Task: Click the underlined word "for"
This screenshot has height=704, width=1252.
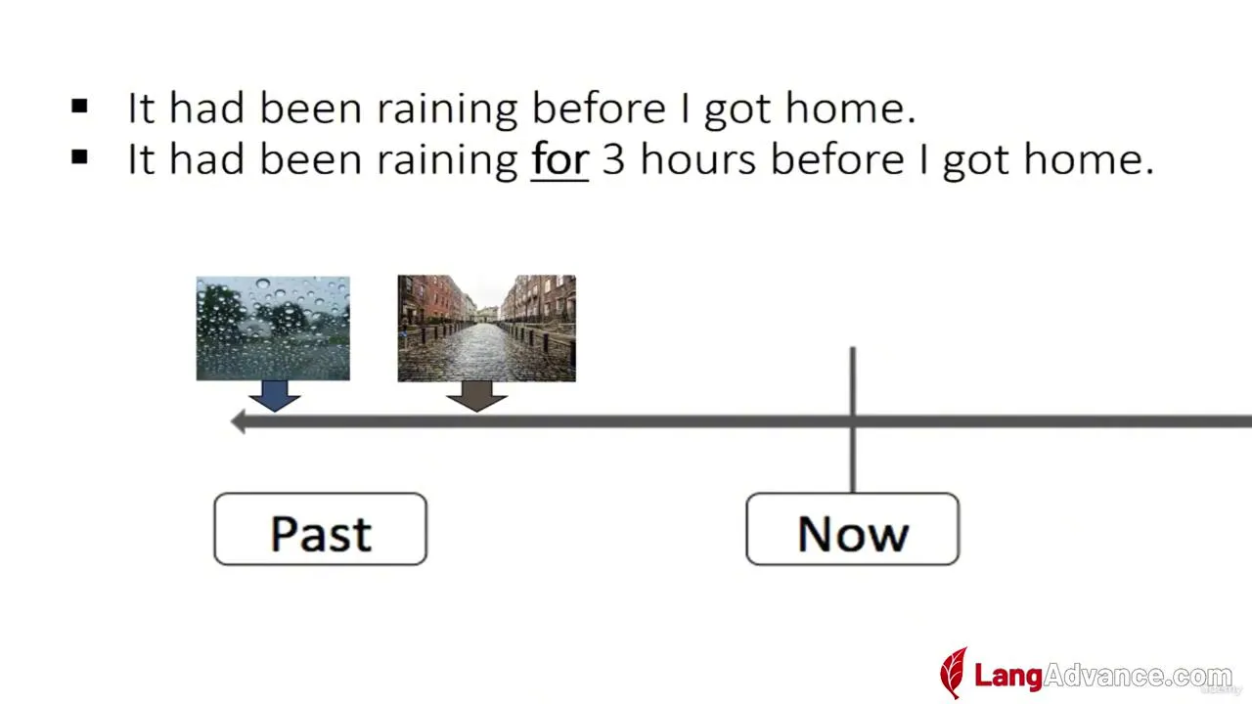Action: (x=559, y=159)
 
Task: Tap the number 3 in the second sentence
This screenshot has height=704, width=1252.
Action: (x=613, y=160)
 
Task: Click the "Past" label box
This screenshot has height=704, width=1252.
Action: (x=320, y=529)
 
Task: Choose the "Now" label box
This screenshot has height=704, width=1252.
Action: (x=852, y=529)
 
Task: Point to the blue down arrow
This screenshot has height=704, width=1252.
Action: (x=275, y=396)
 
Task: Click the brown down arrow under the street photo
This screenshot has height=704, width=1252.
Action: (x=476, y=396)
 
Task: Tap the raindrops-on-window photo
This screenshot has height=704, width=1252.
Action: (x=273, y=329)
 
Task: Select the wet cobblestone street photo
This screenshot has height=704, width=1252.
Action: (x=487, y=329)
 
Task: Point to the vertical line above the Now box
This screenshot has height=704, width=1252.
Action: (x=853, y=419)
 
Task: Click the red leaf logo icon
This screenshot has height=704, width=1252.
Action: (x=954, y=673)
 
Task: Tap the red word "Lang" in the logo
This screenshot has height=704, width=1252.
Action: (x=1008, y=676)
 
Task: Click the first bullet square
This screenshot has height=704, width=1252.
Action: (x=79, y=106)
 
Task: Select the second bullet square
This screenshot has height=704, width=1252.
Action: (x=79, y=157)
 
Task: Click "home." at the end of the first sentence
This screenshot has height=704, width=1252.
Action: (x=851, y=108)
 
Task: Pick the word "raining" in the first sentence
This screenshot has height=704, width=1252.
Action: (x=447, y=109)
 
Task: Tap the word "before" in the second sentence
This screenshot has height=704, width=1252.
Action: (x=837, y=158)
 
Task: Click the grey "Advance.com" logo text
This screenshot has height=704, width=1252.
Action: (x=1138, y=676)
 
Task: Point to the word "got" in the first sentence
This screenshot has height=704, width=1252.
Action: (x=738, y=110)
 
